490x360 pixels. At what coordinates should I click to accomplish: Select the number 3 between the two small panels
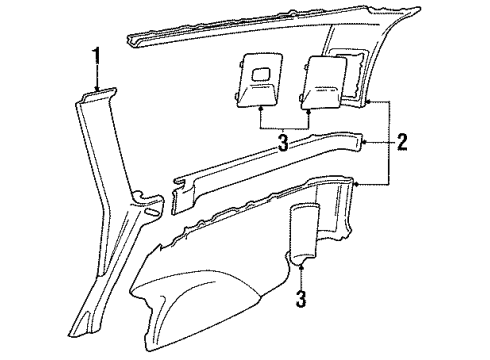point(284,144)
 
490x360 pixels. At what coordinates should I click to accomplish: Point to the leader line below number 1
point(96,76)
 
